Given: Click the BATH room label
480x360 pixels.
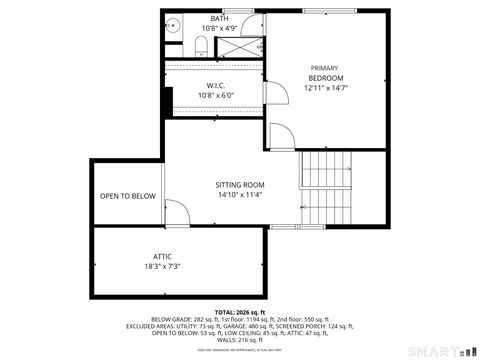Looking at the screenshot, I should [x=219, y=19].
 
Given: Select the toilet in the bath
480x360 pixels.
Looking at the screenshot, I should [x=200, y=44].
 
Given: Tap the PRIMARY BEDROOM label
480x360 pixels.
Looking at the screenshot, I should [x=326, y=73].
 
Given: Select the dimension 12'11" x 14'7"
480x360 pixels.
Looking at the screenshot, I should [x=326, y=88].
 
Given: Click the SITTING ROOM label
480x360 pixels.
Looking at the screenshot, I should [x=240, y=185].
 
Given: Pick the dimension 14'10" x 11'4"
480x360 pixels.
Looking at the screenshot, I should [x=240, y=195].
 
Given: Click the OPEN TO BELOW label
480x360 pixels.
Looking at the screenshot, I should [x=128, y=196].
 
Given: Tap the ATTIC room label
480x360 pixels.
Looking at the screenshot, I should [x=163, y=257].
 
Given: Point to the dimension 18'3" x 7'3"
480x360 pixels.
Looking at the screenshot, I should [x=163, y=267].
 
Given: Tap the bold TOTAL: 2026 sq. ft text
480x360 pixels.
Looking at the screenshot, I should [x=239, y=311].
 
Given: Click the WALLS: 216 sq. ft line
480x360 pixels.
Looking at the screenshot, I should [x=239, y=341].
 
